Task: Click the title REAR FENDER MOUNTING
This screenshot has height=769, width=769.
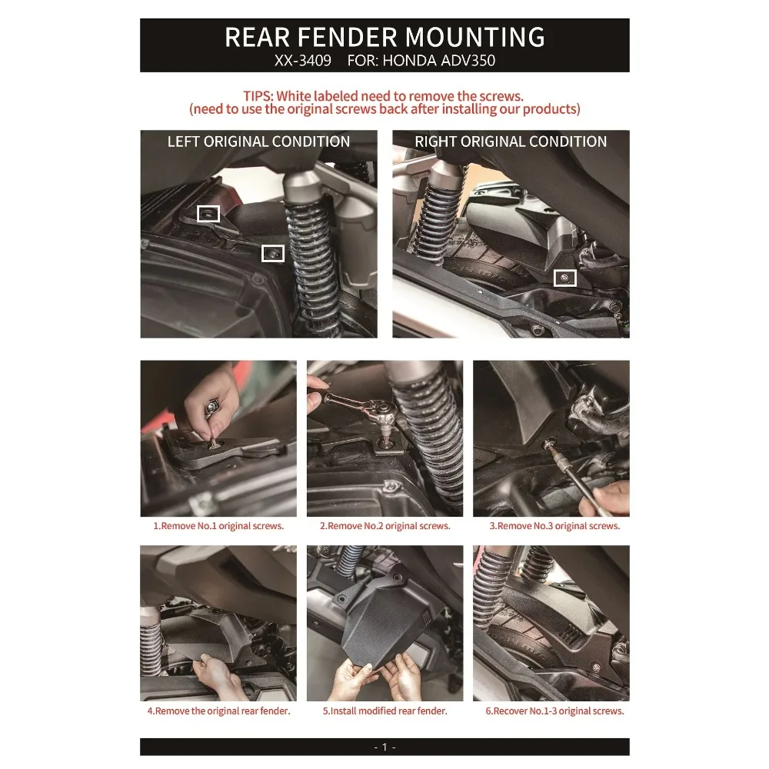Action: (384, 37)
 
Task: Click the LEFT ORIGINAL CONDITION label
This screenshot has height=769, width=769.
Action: (258, 141)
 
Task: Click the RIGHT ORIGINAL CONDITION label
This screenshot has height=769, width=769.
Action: (511, 141)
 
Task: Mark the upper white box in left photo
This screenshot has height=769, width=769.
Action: (208, 214)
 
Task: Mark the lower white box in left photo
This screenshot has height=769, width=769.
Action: (273, 252)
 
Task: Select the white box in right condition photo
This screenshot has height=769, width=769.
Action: (566, 277)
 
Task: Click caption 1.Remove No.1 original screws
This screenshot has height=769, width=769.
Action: (218, 526)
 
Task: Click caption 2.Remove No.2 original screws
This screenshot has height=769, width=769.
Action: (384, 526)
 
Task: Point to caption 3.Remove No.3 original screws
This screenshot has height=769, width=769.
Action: (554, 526)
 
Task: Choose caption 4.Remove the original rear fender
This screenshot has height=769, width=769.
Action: (218, 711)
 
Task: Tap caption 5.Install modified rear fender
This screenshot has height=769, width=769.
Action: (384, 711)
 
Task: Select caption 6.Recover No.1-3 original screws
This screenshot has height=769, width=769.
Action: (554, 711)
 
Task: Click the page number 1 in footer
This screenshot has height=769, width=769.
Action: (384, 747)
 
